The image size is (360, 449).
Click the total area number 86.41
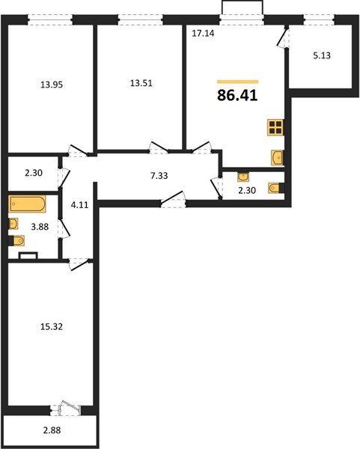[x=237, y=95]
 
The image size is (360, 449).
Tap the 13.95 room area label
[x=52, y=85]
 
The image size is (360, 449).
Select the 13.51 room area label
[x=141, y=83]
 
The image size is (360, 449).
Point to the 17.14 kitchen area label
[x=203, y=34]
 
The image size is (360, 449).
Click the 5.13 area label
[x=322, y=55]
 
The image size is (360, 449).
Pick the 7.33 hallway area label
[x=159, y=176]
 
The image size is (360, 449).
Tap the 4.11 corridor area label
[x=79, y=205]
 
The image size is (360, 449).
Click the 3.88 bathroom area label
[x=40, y=227]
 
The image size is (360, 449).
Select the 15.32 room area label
[x=52, y=327]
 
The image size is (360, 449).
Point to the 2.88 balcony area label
[x=52, y=430]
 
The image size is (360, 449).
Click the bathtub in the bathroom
[x=27, y=204]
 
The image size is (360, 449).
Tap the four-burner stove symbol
[x=275, y=127]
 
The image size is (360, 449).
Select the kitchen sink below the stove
[x=277, y=157]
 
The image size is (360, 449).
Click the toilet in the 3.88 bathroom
[x=16, y=240]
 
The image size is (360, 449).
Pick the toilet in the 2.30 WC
[x=276, y=188]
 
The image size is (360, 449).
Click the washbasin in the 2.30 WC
[x=243, y=177]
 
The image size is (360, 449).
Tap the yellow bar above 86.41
[x=238, y=82]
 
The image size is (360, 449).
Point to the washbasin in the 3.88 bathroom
[x=13, y=223]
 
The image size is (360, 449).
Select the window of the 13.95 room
[x=50, y=20]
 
